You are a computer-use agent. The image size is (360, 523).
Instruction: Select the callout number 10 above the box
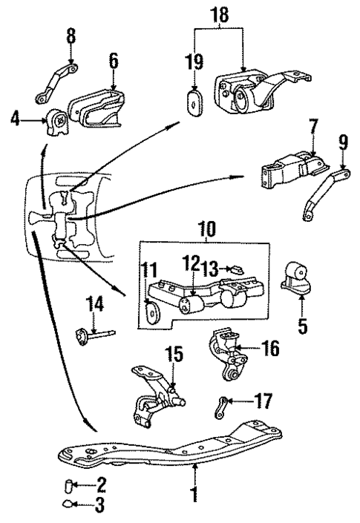click(207, 228)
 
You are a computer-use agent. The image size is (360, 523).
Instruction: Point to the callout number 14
click(94, 304)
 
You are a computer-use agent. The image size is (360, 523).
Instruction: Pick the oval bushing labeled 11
click(151, 312)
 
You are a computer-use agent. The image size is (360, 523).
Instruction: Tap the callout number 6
click(114, 61)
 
